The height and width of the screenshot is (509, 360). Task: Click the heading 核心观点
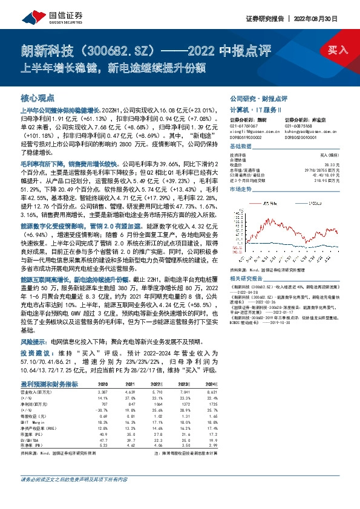tap(38, 97)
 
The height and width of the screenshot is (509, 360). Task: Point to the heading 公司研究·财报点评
tap(258, 97)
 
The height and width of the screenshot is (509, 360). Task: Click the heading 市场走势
tap(241, 189)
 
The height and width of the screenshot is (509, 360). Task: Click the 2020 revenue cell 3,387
tap(103, 392)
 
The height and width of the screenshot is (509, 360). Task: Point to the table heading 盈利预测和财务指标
tap(49, 384)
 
